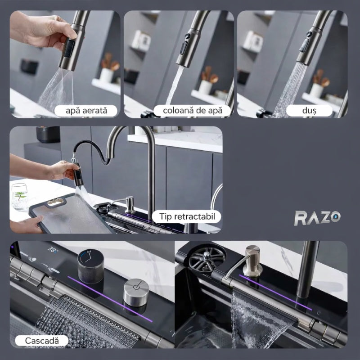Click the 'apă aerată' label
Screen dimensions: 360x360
click(x=86, y=111)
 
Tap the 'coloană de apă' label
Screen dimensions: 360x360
click(x=193, y=111)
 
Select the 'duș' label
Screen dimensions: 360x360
click(x=309, y=111)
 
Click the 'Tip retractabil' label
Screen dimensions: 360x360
click(x=186, y=216)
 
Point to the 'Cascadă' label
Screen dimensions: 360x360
click(x=41, y=341)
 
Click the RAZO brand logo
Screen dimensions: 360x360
click(x=317, y=218)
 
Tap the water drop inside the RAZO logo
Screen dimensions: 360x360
click(x=336, y=216)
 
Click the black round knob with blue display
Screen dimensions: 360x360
click(x=90, y=267)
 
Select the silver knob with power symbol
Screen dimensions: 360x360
click(x=136, y=292)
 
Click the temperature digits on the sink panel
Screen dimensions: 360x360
click(x=53, y=249)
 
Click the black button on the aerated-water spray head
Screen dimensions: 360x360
click(x=69, y=49)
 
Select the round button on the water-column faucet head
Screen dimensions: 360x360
click(x=188, y=36)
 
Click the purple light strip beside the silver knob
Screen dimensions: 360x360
click(x=110, y=299)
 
